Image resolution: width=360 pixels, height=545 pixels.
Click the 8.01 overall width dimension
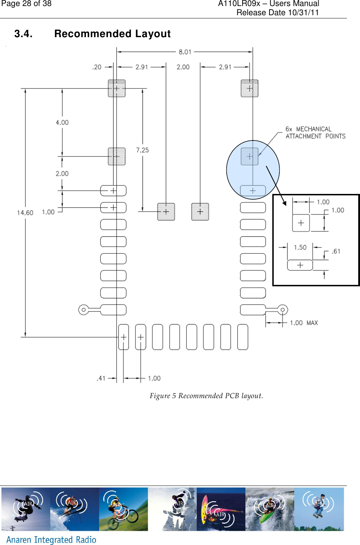[x=185, y=52]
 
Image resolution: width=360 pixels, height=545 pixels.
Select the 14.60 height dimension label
[x=25, y=213]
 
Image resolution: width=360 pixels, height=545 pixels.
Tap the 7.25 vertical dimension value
[x=143, y=150]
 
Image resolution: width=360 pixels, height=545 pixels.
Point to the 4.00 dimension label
[x=62, y=122]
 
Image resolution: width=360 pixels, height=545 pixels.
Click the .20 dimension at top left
[x=97, y=67]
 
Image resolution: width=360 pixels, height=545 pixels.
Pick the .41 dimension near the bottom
[x=101, y=378]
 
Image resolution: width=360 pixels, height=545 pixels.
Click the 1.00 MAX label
[x=304, y=323]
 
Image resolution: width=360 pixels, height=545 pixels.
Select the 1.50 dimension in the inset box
[x=300, y=247]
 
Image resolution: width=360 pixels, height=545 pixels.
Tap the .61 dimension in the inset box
[x=336, y=251]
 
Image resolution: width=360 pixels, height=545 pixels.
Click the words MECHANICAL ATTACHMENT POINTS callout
[x=315, y=133]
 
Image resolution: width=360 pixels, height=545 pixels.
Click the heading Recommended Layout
[x=112, y=34]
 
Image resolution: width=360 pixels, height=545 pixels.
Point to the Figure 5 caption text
[x=206, y=396]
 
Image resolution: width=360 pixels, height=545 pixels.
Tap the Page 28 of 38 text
[x=27, y=4]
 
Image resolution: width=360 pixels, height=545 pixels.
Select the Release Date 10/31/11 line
[x=278, y=13]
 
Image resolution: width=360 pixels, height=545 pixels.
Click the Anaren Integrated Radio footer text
[x=51, y=539]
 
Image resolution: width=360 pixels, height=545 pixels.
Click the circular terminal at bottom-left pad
[x=83, y=310]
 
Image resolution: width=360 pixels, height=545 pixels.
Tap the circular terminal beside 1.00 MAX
[x=282, y=310]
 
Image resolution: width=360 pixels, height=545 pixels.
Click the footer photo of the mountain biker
[x=123, y=509]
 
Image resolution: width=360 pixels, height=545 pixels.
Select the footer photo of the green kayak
[x=269, y=509]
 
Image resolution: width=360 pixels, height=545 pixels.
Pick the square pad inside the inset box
[x=301, y=223]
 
